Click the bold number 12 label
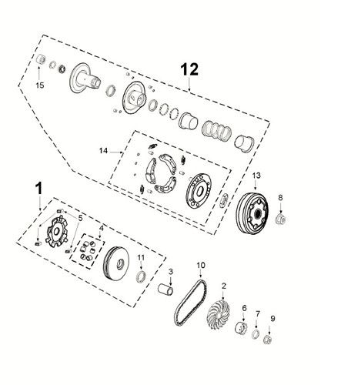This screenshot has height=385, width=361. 190,69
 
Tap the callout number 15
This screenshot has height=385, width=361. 41,85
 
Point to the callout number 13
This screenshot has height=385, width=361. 257,176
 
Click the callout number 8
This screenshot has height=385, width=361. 281,198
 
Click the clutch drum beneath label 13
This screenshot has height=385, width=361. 251,211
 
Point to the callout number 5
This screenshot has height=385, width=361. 79,218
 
